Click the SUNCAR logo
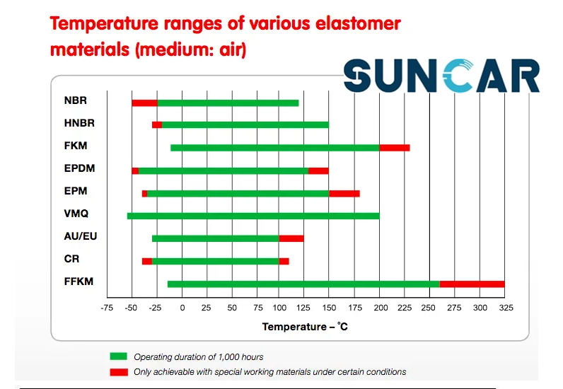[x=441, y=76]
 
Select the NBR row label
[x=76, y=100]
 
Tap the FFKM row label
[x=79, y=281]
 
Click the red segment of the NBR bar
[x=145, y=103]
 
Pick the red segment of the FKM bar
[x=395, y=148]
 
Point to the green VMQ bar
[x=253, y=216]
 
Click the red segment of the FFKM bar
[x=472, y=284]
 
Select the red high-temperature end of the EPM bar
[x=344, y=194]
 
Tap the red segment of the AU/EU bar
[x=291, y=238]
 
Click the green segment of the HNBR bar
[x=245, y=124]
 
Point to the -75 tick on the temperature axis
[x=107, y=308]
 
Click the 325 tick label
[x=506, y=308]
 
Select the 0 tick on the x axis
[x=182, y=308]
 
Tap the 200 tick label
[x=381, y=308]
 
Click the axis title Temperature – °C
[x=305, y=327]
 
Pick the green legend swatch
[x=119, y=356]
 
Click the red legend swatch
[x=119, y=372]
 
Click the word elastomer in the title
[x=358, y=24]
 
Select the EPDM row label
[x=79, y=168]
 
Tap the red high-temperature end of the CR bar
[x=284, y=261]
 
